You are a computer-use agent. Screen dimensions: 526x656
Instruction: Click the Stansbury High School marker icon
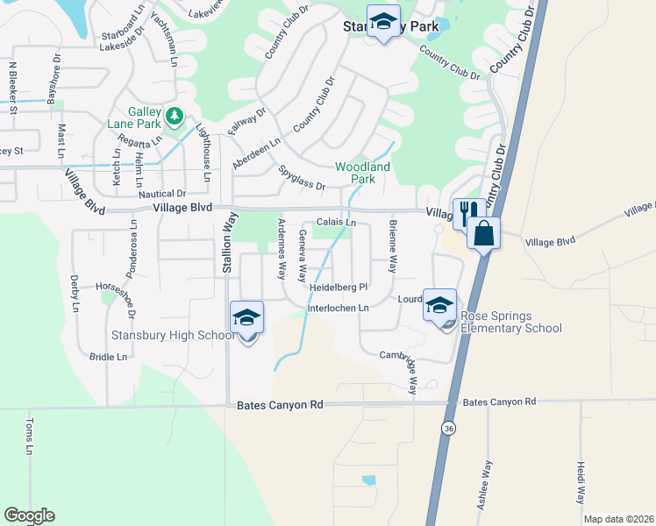coord(247,317)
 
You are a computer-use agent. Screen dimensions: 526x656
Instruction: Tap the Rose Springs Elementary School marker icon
coord(439,305)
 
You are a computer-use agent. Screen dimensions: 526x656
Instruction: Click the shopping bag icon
coord(483,233)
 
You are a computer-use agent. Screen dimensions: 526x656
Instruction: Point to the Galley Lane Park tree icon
coord(174,115)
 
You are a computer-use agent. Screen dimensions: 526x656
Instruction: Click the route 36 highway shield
coord(448,428)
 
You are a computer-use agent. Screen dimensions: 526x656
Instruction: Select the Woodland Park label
coord(362,173)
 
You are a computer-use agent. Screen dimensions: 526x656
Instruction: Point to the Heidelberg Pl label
coord(337,287)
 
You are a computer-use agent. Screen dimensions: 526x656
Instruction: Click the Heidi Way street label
coord(581,482)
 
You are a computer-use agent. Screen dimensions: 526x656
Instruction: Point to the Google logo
coord(29,515)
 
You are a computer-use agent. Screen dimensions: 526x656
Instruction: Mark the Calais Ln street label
coord(337,223)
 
